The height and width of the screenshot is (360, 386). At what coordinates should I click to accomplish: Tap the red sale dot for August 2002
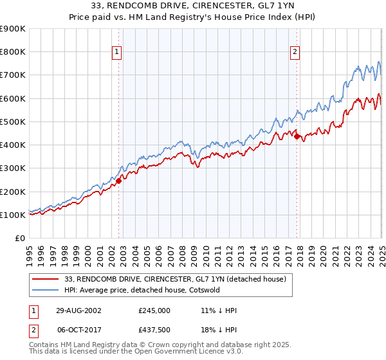119,181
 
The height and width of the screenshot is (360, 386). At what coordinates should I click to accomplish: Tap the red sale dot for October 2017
297,136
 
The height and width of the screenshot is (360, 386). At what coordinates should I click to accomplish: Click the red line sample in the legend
45,279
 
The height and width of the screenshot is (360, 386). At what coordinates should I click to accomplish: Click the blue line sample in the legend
45,290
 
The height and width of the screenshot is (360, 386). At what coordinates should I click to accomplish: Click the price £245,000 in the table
154,310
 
